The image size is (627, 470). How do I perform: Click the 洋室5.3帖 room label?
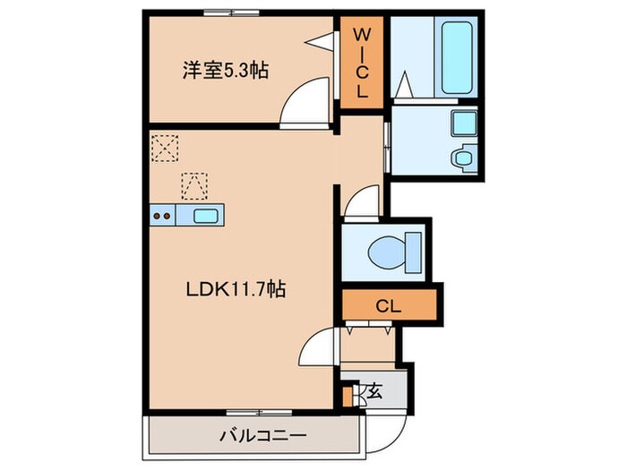(x=226, y=69)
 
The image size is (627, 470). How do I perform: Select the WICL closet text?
(x=362, y=63)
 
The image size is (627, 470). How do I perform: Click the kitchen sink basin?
(x=206, y=215)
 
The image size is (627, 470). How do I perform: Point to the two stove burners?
(x=162, y=215)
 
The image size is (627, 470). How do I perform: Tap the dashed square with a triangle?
(x=193, y=184)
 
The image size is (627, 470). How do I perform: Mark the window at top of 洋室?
(x=231, y=12)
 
